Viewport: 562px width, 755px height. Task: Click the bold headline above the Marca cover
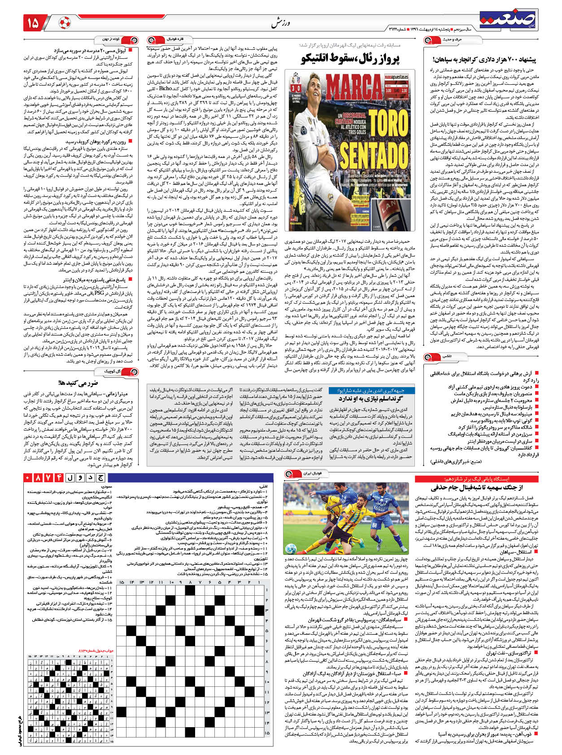coord(350,58)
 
